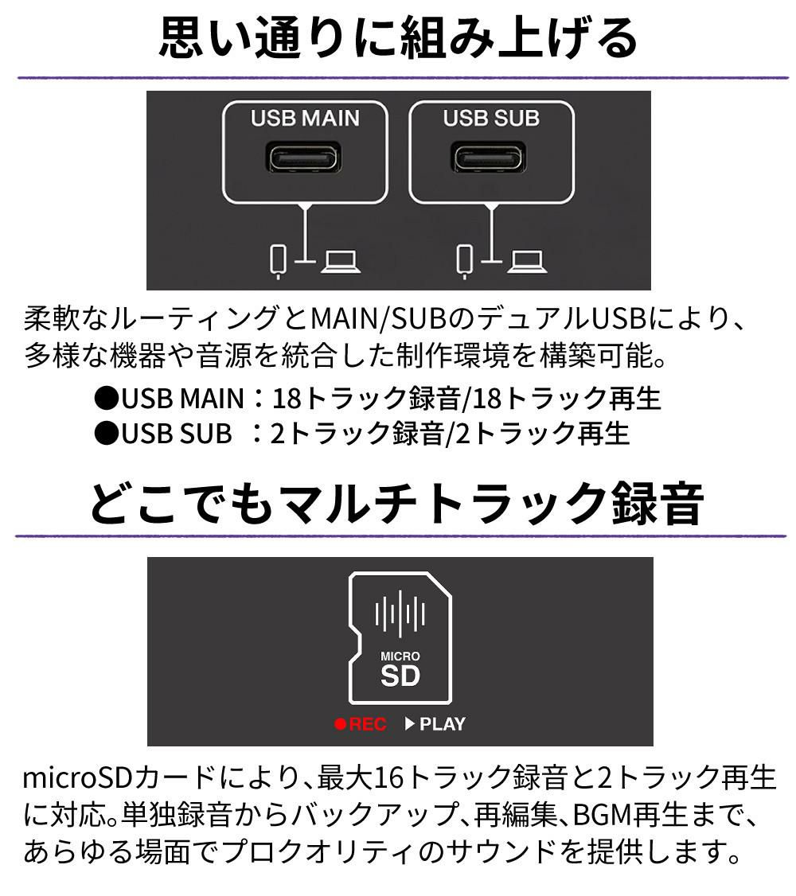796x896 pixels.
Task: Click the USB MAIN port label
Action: (305, 119)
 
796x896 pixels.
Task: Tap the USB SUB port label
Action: (491, 119)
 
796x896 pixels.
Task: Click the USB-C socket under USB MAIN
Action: (305, 158)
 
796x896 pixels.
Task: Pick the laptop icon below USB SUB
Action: (527, 260)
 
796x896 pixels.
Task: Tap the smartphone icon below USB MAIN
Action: (277, 260)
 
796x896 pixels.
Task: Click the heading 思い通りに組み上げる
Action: (398, 37)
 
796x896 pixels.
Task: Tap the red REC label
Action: (368, 724)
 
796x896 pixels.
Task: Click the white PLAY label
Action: (442, 724)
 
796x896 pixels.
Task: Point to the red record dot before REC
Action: (341, 724)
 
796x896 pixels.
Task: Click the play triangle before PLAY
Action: (411, 724)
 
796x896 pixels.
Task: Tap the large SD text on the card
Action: (400, 678)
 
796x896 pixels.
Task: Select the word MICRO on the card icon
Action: (400, 656)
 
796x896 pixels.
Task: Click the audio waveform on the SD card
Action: (400, 615)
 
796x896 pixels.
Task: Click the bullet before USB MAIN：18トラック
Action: (106, 398)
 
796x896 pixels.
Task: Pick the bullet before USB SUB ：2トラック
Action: (106, 433)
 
